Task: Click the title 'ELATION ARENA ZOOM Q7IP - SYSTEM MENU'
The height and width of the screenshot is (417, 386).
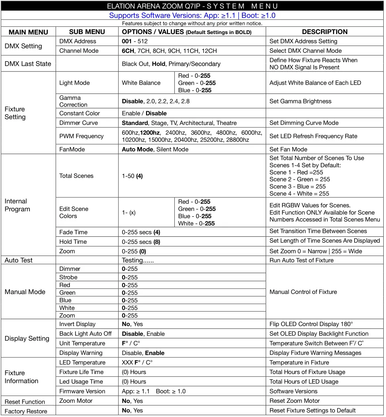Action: coord(192,6)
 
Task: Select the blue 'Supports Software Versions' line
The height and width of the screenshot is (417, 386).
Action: coord(192,16)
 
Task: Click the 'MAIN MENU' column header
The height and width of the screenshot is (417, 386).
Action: coord(28,32)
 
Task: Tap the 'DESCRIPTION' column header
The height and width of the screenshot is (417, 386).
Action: coord(324,32)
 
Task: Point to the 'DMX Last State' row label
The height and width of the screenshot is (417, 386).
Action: coord(28,64)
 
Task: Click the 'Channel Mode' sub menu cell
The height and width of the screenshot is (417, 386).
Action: coord(79,51)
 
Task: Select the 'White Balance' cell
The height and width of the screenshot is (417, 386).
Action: coord(141,83)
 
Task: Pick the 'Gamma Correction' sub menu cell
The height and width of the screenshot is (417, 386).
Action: coord(73,101)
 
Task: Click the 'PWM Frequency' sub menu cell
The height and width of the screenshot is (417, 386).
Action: coord(81,136)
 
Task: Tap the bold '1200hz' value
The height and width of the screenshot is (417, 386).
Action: coord(150,133)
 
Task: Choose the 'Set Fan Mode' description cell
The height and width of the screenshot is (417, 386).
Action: coord(288,149)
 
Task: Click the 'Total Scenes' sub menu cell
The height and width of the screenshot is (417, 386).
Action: coord(76,176)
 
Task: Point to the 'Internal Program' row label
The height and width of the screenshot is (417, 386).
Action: coord(17,205)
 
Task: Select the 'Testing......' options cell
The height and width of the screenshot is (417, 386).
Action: coord(138,260)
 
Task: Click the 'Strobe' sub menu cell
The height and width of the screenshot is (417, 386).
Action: coord(68,277)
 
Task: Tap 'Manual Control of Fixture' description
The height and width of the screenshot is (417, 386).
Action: coord(303,292)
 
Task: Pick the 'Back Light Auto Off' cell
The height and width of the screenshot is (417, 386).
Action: coord(85,334)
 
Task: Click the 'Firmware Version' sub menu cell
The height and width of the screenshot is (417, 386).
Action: coord(82,391)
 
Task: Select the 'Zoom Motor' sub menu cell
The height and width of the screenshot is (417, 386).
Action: coord(76,401)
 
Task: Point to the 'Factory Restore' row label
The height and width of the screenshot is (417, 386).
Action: coord(26,411)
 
